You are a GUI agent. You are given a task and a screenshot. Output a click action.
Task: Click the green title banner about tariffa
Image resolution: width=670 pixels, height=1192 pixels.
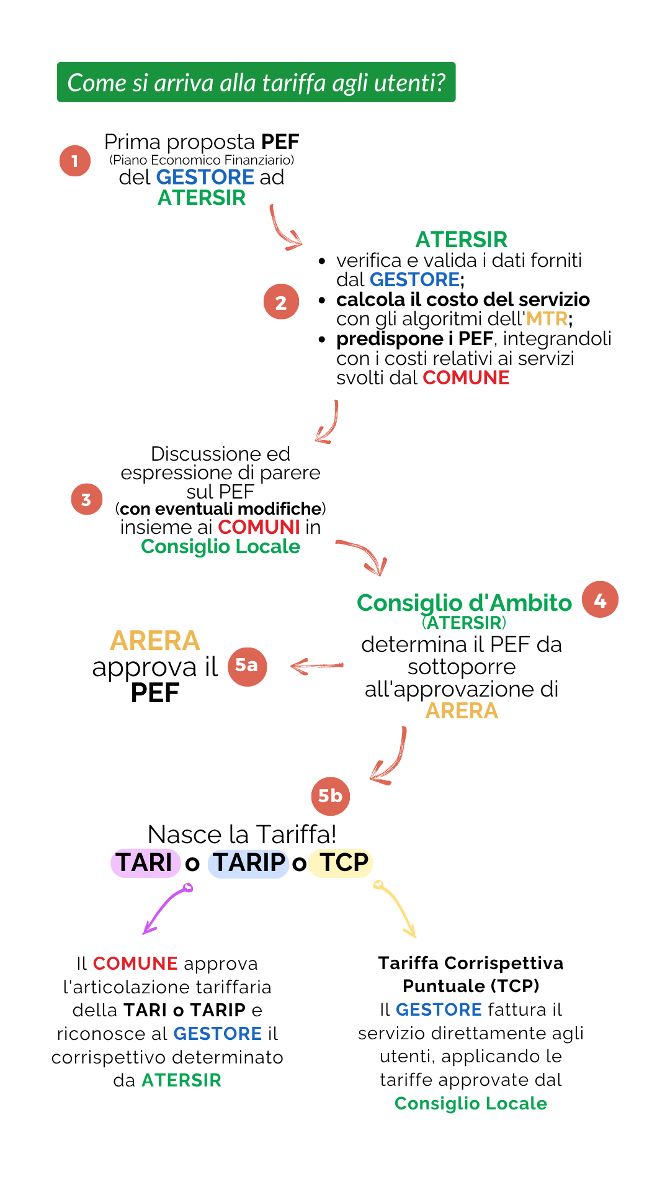tap(256, 82)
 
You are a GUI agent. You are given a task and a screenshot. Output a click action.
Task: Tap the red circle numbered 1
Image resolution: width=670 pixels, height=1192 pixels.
tap(75, 161)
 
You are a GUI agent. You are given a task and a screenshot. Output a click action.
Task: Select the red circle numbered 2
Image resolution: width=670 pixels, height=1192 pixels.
tap(281, 302)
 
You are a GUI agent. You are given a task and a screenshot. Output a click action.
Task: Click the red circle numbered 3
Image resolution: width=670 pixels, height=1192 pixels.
tap(86, 500)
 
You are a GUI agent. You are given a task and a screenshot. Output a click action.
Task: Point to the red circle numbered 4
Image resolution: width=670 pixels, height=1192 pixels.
tap(600, 600)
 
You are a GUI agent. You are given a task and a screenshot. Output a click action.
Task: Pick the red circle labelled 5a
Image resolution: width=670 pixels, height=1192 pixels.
tap(247, 666)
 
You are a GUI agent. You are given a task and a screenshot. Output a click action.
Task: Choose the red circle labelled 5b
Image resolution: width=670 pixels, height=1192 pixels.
tap(330, 796)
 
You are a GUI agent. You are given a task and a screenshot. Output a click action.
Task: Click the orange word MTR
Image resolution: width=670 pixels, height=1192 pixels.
tap(547, 319)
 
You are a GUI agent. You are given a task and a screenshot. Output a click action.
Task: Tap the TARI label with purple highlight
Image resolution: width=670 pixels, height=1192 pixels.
tap(145, 863)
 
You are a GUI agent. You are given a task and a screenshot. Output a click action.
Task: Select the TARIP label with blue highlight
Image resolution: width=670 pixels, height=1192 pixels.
tap(249, 863)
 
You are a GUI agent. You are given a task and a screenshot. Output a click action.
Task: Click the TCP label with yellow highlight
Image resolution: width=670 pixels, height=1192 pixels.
tap(342, 863)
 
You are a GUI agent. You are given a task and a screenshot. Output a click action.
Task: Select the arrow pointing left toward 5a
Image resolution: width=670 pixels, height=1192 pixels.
tap(316, 667)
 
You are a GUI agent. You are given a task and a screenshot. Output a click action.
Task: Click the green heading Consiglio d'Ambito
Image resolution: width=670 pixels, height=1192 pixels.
tap(464, 603)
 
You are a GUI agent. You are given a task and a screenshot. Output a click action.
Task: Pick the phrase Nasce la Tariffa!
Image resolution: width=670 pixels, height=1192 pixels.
tap(242, 834)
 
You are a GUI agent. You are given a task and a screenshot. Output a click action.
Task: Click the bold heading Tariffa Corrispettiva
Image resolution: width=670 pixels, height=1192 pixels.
tap(471, 963)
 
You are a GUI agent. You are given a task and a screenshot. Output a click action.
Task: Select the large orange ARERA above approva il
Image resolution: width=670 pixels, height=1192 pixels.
tap(155, 641)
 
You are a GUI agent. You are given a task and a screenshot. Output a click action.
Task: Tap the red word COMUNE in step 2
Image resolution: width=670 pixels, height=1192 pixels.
tap(466, 377)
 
